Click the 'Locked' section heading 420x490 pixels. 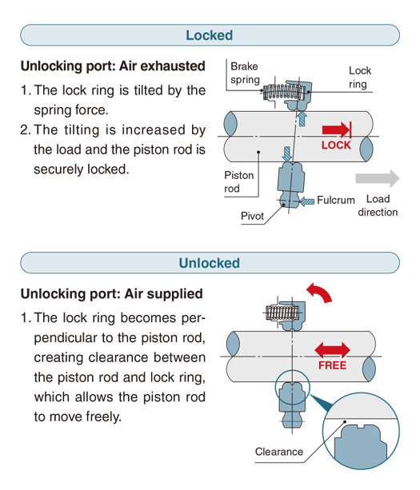coord(210,35)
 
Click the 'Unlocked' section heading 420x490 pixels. coord(210,263)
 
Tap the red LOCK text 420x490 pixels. coord(336,145)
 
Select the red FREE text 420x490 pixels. coord(333,365)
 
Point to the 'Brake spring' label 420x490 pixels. coord(245,73)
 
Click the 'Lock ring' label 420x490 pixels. coord(360,78)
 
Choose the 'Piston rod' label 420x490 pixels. coord(238,182)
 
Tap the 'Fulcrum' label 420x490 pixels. coord(336,200)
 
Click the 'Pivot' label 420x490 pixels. coord(252,216)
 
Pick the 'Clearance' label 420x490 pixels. coord(279,452)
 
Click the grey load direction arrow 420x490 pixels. coord(378,178)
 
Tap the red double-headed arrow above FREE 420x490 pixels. coord(332,349)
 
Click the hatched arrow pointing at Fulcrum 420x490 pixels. coord(306,201)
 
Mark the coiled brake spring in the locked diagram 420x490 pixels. coord(284,92)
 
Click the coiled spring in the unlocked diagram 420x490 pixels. coord(282,313)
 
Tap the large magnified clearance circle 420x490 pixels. coord(361,432)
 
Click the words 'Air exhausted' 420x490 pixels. coord(162,66)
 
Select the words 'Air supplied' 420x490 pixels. coord(163,293)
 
